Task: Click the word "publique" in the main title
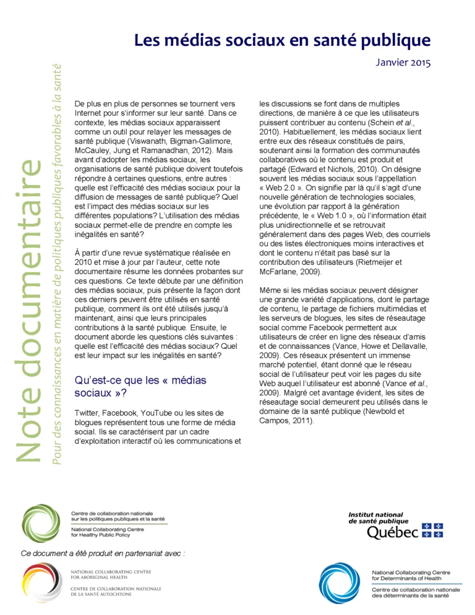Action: pyautogui.click(x=395, y=41)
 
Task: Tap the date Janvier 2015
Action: pyautogui.click(x=403, y=62)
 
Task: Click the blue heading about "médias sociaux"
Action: pyautogui.click(x=140, y=385)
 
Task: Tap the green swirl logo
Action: pyautogui.click(x=41, y=523)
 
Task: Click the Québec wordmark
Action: pyautogui.click(x=393, y=532)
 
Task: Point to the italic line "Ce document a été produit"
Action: pyautogui.click(x=103, y=553)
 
